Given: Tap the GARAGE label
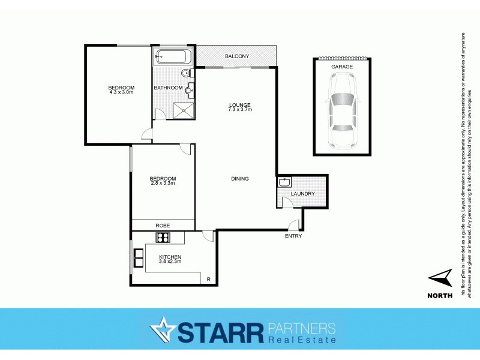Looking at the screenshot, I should click(x=341, y=67).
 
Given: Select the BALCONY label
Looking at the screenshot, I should click(x=237, y=56).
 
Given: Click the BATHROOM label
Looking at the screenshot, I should click(x=168, y=88).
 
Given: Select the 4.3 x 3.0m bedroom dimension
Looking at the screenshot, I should click(x=121, y=92).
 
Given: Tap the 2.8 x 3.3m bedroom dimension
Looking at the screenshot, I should click(x=163, y=183).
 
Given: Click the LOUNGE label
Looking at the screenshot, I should click(x=239, y=105).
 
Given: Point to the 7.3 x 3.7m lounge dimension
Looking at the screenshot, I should click(x=240, y=110).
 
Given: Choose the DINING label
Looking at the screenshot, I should click(x=240, y=179).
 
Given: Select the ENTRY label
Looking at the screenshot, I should click(x=293, y=236).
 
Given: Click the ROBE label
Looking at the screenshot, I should click(x=163, y=225).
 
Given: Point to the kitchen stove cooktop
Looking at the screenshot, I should click(x=164, y=238).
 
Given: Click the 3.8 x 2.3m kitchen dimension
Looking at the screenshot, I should click(x=170, y=262).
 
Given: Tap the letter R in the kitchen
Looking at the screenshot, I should click(x=208, y=280).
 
